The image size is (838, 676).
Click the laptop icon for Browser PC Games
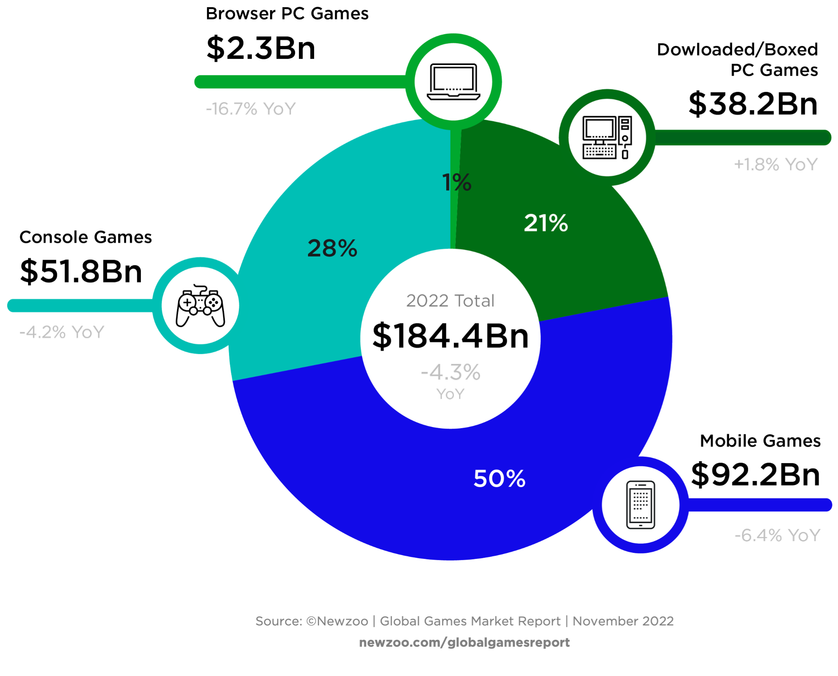(453, 82)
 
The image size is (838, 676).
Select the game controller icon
(200, 306)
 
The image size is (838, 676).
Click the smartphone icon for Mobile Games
(640, 505)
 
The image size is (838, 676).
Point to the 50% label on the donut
(499, 478)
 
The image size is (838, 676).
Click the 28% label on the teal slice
(332, 248)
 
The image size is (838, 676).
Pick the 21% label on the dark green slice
(545, 223)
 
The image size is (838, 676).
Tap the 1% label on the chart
(457, 182)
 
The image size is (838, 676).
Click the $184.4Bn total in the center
(451, 336)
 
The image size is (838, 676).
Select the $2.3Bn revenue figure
(261, 48)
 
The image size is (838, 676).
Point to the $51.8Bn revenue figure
(81, 271)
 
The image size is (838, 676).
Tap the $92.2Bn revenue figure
(755, 474)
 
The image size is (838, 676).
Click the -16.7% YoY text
(251, 109)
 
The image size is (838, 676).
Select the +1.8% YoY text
(775, 165)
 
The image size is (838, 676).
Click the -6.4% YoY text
(777, 535)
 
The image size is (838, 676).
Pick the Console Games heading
(85, 237)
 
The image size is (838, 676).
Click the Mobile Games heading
(760, 441)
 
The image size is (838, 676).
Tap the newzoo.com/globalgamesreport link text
(464, 642)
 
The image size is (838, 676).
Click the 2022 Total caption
(450, 301)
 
